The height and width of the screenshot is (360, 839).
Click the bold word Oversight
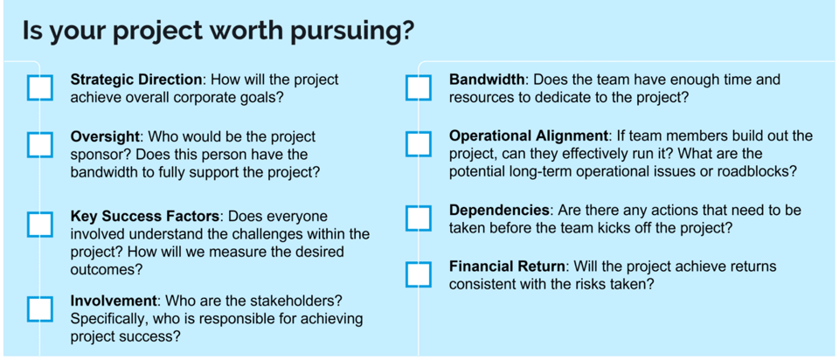[104, 137]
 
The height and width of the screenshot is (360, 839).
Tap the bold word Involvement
[112, 301]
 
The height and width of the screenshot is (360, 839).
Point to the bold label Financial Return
[507, 267]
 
